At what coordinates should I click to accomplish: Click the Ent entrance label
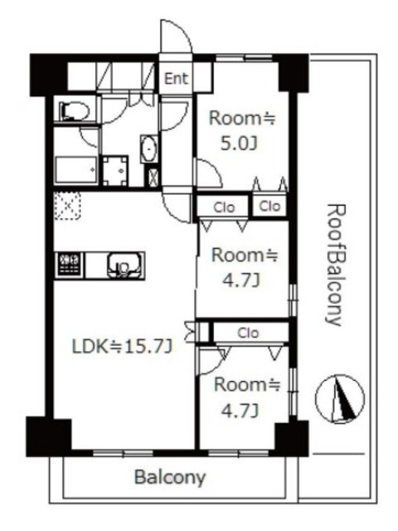point(176,79)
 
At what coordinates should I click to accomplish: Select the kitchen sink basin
point(124,265)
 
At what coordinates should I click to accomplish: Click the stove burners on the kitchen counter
point(70,265)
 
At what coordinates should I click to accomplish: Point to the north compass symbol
point(340,399)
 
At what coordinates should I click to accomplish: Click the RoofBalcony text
point(335,265)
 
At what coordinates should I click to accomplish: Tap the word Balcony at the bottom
point(170,478)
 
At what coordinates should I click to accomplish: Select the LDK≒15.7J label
point(124,347)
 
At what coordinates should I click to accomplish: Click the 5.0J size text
point(240,144)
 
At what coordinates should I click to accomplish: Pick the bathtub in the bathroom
point(76,169)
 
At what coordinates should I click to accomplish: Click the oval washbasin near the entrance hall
point(149,149)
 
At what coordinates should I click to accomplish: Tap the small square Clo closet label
point(269,206)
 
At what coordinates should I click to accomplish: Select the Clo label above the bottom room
point(248,333)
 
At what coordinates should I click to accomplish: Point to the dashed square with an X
point(68,206)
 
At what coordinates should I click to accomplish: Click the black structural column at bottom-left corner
point(49,437)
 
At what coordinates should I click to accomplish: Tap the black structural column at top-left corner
point(48,75)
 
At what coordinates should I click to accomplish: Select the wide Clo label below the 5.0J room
point(224,207)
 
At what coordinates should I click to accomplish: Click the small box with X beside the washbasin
point(153,177)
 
